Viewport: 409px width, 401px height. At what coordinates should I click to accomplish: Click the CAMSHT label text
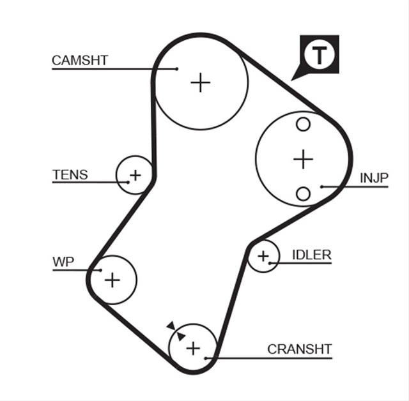[x=80, y=61]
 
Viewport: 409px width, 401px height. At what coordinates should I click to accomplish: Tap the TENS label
[x=70, y=174]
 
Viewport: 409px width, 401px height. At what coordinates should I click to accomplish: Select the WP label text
[x=63, y=262]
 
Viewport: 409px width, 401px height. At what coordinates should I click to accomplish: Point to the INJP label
[x=374, y=178]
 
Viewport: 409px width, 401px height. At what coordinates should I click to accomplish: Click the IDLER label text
[x=312, y=255]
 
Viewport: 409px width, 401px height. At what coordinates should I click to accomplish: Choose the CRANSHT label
[x=300, y=349]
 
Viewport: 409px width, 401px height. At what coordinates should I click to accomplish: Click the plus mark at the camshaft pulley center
[x=200, y=82]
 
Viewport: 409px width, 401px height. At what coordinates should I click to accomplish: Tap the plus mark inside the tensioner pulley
[x=135, y=175]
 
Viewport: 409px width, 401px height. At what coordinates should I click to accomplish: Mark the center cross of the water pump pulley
[x=112, y=280]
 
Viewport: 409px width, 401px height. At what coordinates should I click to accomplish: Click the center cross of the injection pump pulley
[x=303, y=159]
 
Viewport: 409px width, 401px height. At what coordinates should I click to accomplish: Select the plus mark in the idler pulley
[x=263, y=256]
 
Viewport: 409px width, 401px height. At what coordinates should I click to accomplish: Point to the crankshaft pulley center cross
[x=193, y=349]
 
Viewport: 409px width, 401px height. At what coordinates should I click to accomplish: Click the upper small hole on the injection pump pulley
[x=303, y=124]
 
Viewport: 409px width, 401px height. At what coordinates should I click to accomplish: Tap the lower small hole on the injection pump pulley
[x=303, y=194]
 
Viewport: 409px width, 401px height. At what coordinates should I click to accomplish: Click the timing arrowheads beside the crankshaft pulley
[x=176, y=331]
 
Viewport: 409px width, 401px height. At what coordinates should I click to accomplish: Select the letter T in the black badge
[x=320, y=56]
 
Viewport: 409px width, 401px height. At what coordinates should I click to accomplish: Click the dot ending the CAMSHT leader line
[x=177, y=69]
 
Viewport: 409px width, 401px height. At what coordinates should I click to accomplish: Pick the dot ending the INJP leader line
[x=322, y=186]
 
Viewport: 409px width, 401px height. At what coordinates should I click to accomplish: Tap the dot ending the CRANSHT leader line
[x=206, y=358]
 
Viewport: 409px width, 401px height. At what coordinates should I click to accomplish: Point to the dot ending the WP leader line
[x=101, y=270]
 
